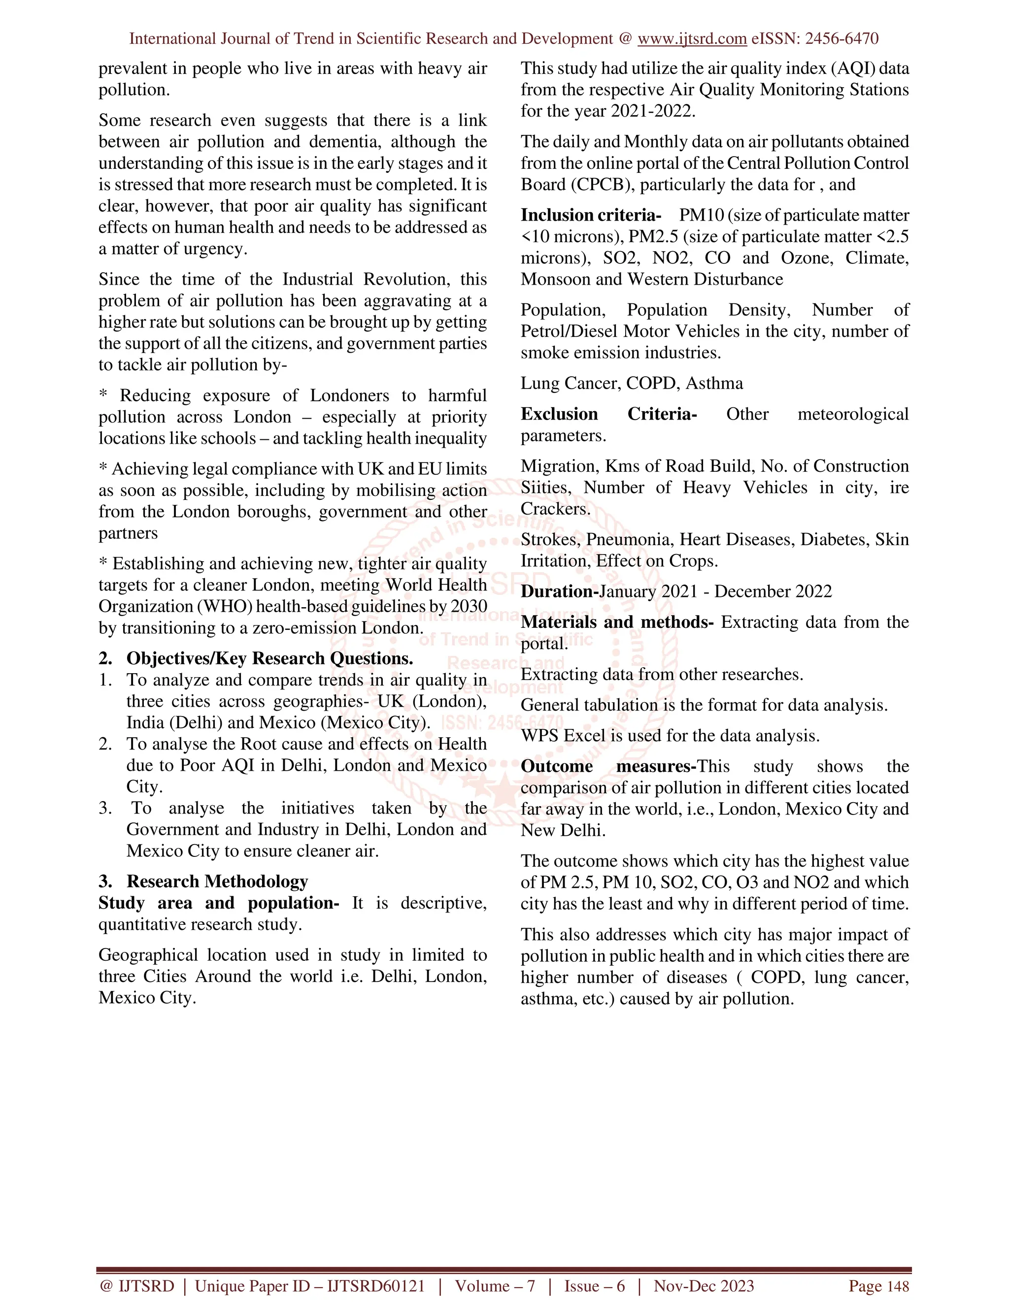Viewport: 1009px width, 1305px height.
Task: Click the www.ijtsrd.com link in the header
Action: tap(692, 39)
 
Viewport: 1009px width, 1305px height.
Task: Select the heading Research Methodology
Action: tap(217, 881)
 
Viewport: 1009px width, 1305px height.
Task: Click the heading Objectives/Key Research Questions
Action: tap(269, 658)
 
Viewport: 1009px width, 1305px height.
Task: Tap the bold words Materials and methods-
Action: tap(617, 622)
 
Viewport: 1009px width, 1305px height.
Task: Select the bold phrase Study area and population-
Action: tap(219, 903)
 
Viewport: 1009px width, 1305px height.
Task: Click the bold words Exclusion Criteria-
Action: tap(608, 414)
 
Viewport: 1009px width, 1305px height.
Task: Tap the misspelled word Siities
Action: tap(545, 488)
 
